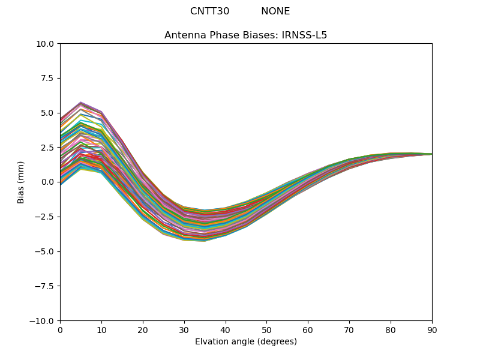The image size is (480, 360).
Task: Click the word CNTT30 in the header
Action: [x=209, y=11]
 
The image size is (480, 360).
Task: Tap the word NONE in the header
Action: [x=275, y=11]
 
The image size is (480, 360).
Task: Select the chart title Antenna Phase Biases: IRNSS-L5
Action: [x=246, y=35]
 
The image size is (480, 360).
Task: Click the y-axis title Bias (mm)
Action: [x=21, y=182]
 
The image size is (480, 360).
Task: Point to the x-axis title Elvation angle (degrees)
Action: [x=246, y=342]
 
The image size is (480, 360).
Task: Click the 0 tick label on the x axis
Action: [x=60, y=330]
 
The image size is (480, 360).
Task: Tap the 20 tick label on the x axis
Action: [x=143, y=330]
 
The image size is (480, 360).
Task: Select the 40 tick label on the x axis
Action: [x=226, y=330]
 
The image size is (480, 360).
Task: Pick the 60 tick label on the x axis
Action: [x=308, y=330]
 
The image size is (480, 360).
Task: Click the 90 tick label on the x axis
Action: [x=432, y=330]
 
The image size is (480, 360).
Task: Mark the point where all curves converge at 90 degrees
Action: [x=431, y=154]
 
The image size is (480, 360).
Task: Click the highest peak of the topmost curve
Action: [x=81, y=103]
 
